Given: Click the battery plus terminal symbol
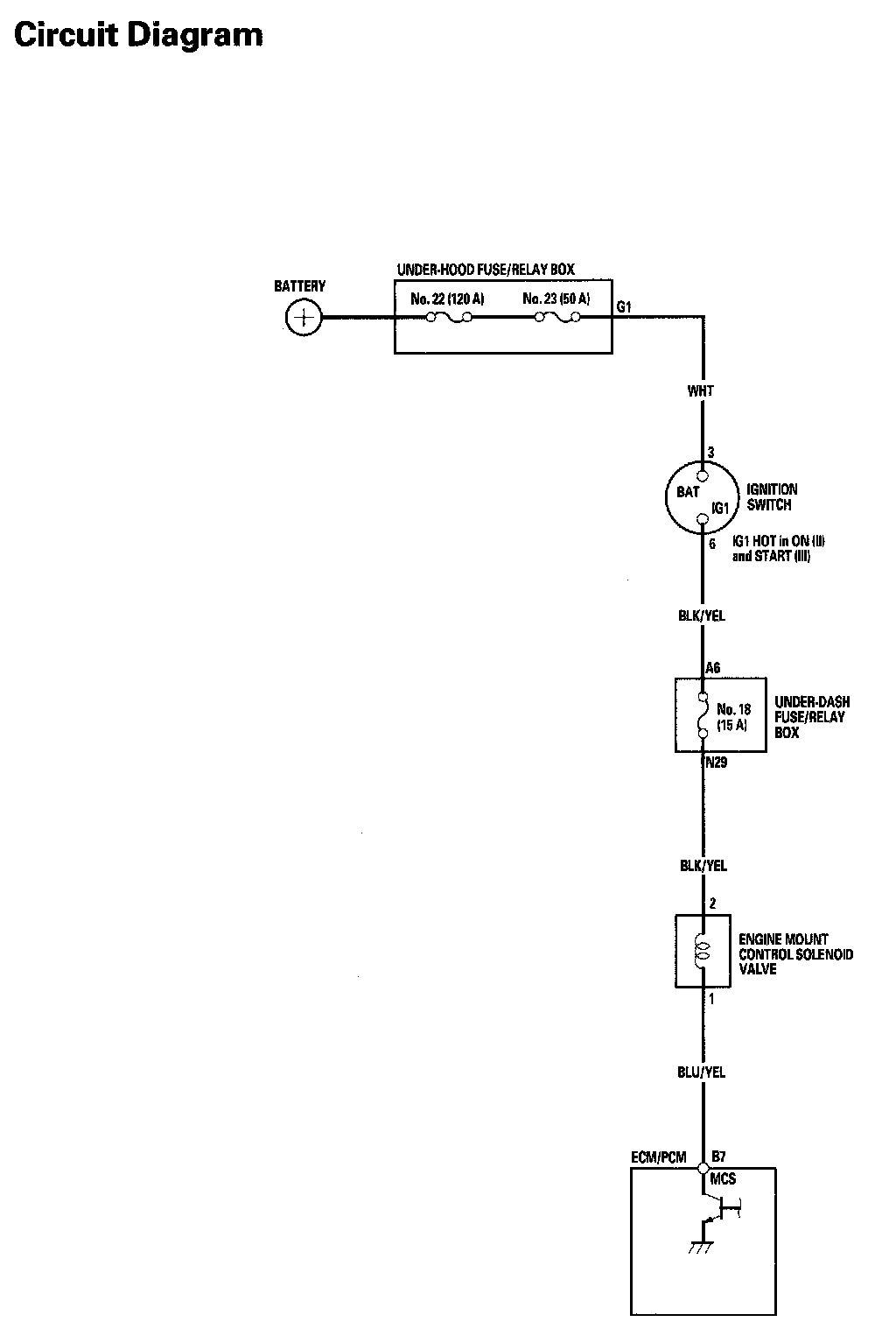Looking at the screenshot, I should pos(304,317).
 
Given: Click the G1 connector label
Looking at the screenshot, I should pos(624,306).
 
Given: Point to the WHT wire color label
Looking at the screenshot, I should pos(701,391).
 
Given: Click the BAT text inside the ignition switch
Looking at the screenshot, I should pos(688,492).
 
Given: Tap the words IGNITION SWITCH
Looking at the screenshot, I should pos(771,497).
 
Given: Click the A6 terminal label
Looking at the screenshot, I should pos(712,668).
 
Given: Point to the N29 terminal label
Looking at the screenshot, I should pos(717,763).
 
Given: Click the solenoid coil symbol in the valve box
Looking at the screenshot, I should pos(701,952).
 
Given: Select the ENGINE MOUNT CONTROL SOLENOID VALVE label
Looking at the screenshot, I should pos(794,954).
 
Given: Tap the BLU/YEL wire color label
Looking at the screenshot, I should pos(702,1072).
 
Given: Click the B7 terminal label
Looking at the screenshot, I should pos(718,1156).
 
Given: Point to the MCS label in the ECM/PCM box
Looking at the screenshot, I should pos(723,1179).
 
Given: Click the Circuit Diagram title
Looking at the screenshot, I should pos(138,35).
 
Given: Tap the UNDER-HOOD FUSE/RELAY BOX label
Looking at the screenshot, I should pos(486,270).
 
